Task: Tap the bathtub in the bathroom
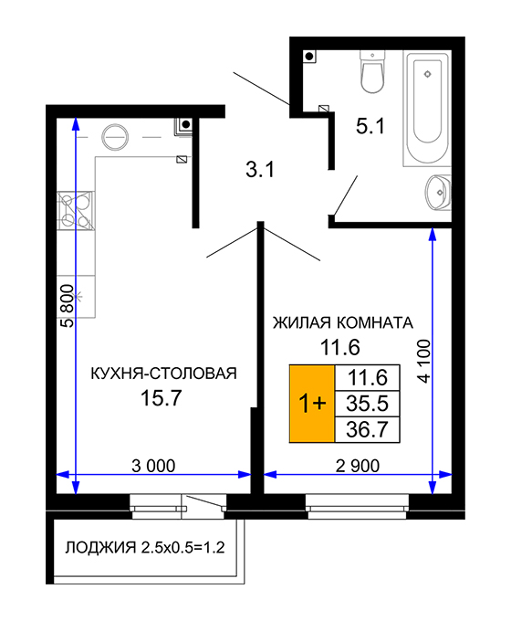tap(427, 108)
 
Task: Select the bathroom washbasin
tap(438, 193)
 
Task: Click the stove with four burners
tap(76, 211)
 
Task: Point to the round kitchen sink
tap(115, 137)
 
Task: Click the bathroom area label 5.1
tap(370, 127)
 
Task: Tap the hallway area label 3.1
tap(260, 170)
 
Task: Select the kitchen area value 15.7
tap(162, 397)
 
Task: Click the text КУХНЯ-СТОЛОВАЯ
tap(164, 374)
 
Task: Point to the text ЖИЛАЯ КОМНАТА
tap(343, 322)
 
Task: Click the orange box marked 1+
tap(312, 403)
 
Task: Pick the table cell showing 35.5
tap(368, 404)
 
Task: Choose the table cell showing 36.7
tap(368, 429)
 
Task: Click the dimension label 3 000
tap(153, 466)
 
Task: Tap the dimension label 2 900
tap(358, 466)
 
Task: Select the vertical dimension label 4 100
tap(423, 361)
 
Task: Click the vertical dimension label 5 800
tap(68, 306)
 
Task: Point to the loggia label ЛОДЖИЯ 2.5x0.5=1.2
tap(145, 547)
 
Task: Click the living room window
tap(358, 506)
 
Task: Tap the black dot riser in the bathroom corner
tap(309, 57)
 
